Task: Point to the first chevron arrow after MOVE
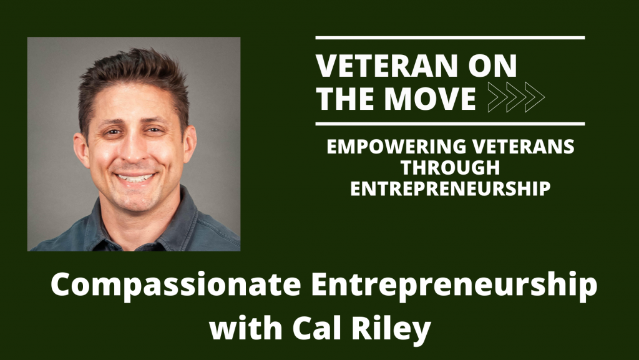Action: coord(498,97)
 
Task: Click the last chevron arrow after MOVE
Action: coord(535,97)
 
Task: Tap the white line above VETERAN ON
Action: coord(451,38)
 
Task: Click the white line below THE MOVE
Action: coord(451,124)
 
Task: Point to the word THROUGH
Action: coord(451,167)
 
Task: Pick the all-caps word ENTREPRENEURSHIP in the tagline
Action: coord(451,188)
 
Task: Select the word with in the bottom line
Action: coord(246,327)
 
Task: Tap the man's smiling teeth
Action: coord(135,178)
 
